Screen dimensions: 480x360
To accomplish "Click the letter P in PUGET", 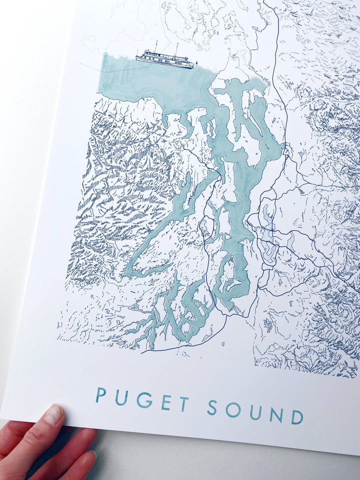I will [101, 395].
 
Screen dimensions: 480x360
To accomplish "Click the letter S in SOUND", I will [212, 407].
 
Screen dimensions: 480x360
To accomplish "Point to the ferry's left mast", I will [155, 46].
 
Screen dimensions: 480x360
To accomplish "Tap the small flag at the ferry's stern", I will [196, 62].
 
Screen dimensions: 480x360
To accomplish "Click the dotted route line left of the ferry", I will [92, 67].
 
